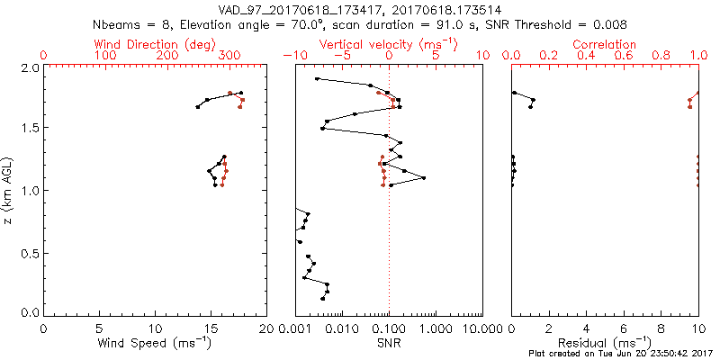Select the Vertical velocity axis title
coord(388,44)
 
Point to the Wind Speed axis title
coord(156,343)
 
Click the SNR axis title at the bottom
coord(389,343)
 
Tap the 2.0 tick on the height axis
coord(30,68)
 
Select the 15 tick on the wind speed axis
coord(211,328)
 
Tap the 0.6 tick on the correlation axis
coord(624,56)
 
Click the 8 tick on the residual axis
coord(661,328)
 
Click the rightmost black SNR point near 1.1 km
coord(423,178)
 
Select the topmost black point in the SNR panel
coord(317,79)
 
